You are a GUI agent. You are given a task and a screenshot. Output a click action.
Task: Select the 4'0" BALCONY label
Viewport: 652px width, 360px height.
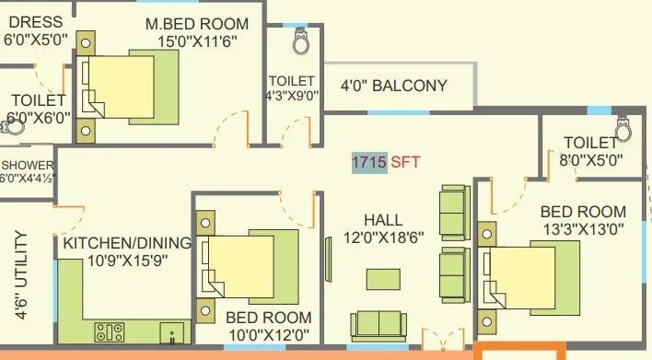tap(393, 87)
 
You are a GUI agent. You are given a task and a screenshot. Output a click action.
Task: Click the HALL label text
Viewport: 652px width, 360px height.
tap(383, 220)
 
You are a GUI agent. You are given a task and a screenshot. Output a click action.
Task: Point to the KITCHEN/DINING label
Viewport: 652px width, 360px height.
tap(126, 244)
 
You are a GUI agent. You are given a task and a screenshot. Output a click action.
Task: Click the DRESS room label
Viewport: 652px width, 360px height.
tap(33, 22)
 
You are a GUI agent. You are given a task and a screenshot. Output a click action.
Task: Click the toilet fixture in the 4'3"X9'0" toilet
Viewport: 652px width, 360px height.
tap(299, 41)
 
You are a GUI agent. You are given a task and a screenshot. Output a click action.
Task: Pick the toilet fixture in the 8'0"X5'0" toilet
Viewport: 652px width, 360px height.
tap(623, 129)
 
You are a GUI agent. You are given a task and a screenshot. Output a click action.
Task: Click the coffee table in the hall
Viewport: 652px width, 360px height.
tap(383, 278)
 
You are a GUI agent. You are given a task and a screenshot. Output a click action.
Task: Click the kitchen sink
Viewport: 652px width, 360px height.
tap(170, 331)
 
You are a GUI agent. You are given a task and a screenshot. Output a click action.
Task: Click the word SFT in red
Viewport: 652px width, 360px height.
tap(405, 162)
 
